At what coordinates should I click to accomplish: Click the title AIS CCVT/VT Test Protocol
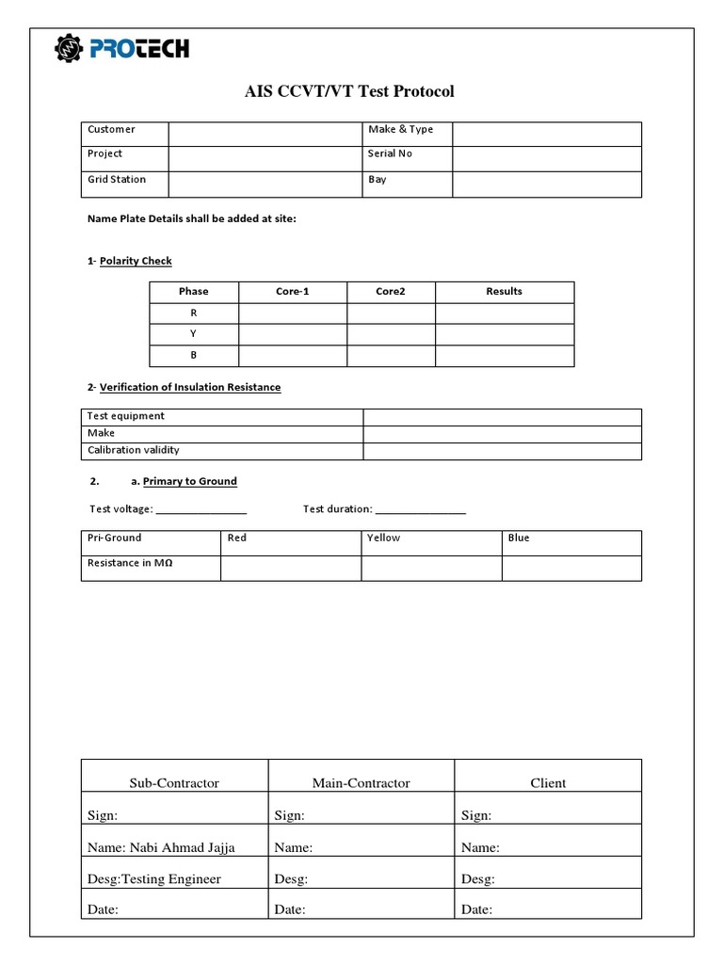tap(349, 91)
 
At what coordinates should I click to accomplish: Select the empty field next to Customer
tap(265, 134)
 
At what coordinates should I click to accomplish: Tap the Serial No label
tap(390, 153)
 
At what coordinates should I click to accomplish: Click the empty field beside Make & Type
tap(546, 134)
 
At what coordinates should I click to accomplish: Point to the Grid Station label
tap(117, 179)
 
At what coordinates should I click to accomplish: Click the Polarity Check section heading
tap(136, 261)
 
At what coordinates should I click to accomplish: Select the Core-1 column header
tap(292, 292)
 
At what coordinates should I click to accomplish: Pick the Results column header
tap(504, 292)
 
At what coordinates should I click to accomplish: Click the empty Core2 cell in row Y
tap(390, 334)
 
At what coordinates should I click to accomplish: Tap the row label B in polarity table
tap(194, 356)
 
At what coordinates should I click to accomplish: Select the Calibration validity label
tap(133, 450)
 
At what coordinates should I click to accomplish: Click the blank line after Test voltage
tap(201, 511)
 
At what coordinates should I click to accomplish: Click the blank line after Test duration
tap(421, 511)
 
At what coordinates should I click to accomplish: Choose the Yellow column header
tap(383, 538)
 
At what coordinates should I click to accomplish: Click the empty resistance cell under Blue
tap(571, 568)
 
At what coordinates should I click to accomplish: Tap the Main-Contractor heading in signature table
tap(361, 782)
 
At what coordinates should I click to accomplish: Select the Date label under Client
tap(476, 910)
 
